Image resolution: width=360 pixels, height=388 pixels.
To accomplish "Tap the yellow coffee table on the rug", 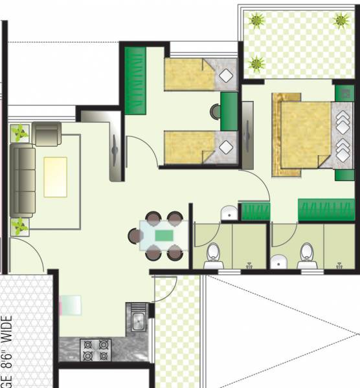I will click(x=55, y=176).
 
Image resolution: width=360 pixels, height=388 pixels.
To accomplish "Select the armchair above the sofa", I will click(x=47, y=133).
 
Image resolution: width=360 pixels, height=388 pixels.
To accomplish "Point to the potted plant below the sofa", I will click(x=17, y=226).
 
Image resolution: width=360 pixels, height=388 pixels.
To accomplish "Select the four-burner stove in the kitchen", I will click(x=95, y=350).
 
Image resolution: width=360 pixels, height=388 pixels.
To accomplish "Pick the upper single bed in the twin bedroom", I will click(x=193, y=75).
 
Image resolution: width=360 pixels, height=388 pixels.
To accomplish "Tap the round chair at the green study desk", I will click(x=216, y=111).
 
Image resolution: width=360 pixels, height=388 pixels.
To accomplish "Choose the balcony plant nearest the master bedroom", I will click(x=256, y=63).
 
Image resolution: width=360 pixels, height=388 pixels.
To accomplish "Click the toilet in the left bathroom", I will click(x=213, y=255).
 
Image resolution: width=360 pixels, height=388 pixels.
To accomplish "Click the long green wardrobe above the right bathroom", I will click(x=326, y=210).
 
